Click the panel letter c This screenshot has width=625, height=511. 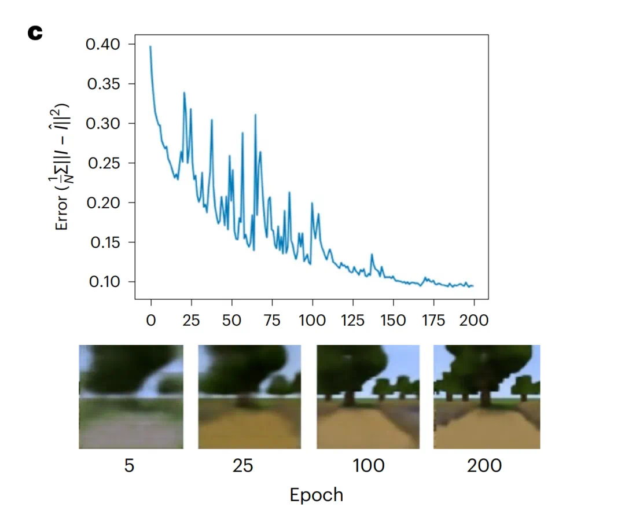click(35, 33)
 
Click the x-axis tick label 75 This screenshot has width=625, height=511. click(272, 320)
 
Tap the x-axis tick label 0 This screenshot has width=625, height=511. click(151, 320)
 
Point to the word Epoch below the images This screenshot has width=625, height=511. click(316, 495)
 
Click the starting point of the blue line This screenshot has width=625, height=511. click(150, 47)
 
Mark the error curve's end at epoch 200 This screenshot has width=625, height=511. click(473, 286)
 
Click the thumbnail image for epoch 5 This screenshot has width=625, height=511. click(131, 397)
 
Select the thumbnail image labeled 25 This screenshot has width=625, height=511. click(249, 397)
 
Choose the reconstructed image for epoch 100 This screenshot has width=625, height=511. click(367, 397)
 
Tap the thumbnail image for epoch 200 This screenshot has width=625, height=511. click(487, 397)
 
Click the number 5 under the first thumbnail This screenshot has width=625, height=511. click(129, 466)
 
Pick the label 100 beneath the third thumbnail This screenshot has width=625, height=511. click(368, 466)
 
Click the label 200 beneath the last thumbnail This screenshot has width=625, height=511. click(484, 466)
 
